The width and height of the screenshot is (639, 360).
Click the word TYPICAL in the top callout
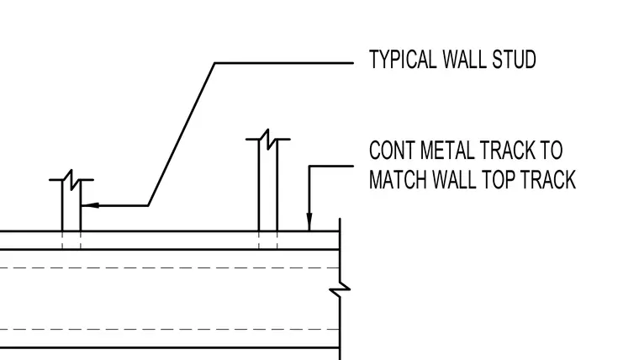click(402, 60)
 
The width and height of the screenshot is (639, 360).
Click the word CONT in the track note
click(391, 150)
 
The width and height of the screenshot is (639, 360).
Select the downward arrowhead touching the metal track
click(309, 222)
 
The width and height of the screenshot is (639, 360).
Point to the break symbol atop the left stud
click(71, 180)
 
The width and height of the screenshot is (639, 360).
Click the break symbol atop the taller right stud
click(268, 140)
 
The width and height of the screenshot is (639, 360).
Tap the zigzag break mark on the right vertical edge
click(340, 289)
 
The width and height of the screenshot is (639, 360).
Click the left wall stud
click(71, 205)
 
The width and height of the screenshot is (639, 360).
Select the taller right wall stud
click(268, 185)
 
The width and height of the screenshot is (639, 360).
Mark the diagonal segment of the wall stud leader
click(182, 134)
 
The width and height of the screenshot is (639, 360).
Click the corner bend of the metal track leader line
click(309, 166)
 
